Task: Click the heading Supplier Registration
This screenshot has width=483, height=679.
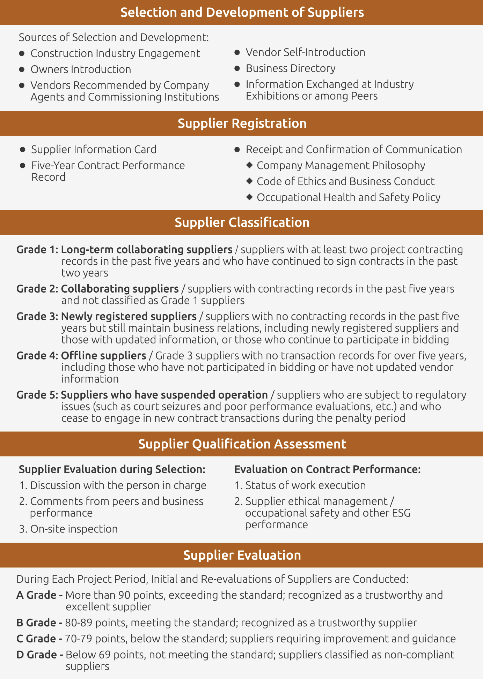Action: tap(242, 123)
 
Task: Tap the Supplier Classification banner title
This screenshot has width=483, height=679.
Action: tap(242, 222)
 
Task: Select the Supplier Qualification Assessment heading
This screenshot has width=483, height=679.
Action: tap(242, 444)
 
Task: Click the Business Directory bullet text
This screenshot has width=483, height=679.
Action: tap(291, 68)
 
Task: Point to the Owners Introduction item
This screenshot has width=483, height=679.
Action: tap(81, 69)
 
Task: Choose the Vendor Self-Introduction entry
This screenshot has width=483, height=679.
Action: tap(305, 52)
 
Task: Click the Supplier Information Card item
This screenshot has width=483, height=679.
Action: tap(94, 150)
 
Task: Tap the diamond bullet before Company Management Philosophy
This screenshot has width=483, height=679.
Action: tap(249, 165)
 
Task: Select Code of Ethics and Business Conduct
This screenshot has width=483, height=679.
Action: tap(345, 181)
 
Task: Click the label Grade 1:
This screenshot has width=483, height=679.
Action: tap(37, 250)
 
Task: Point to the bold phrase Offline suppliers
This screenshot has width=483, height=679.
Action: tap(103, 356)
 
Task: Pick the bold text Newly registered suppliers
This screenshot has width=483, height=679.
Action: tap(129, 316)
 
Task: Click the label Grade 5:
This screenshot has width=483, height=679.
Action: tap(37, 395)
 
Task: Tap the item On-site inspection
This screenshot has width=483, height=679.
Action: tap(74, 529)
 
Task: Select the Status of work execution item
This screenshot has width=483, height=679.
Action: tap(305, 485)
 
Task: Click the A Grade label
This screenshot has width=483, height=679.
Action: tap(37, 595)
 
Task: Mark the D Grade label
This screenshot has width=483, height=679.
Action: tap(37, 655)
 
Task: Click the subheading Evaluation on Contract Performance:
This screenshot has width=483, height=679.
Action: tap(327, 469)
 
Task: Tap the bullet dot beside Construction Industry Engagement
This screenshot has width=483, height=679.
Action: tap(22, 53)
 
